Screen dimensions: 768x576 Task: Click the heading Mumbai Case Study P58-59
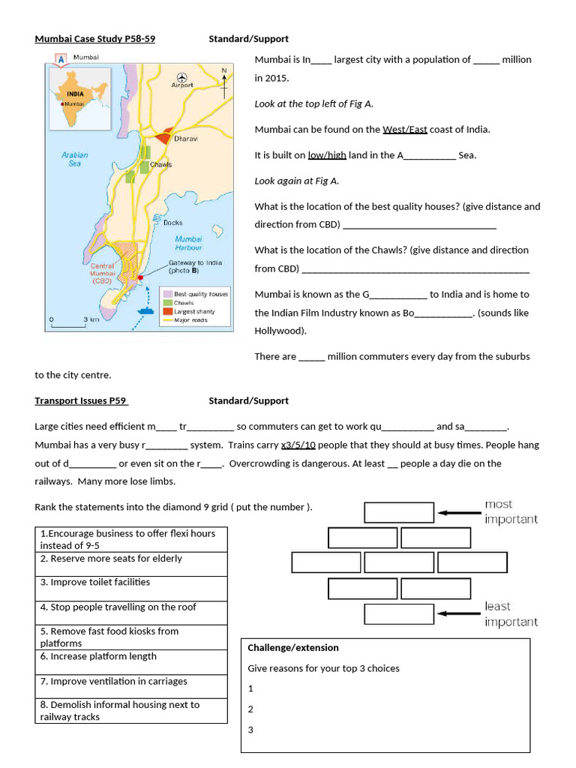pyautogui.click(x=94, y=39)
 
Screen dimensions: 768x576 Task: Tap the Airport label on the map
pyautogui.click(x=182, y=85)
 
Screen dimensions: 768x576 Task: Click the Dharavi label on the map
pyautogui.click(x=186, y=139)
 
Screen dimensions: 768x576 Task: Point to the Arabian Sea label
pyautogui.click(x=74, y=159)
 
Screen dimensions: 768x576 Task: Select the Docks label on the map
pyautogui.click(x=172, y=223)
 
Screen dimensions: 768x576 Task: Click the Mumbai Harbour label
pyautogui.click(x=188, y=243)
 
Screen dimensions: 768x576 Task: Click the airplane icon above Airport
pyautogui.click(x=181, y=76)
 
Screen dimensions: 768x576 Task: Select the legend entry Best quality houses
pyautogui.click(x=200, y=295)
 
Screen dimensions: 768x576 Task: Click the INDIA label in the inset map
pyautogui.click(x=75, y=94)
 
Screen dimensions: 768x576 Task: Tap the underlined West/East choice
pyautogui.click(x=404, y=130)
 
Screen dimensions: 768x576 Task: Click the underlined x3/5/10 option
pyautogui.click(x=298, y=445)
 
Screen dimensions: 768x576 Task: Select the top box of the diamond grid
pyautogui.click(x=399, y=512)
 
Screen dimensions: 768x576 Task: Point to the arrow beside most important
pyautogui.click(x=459, y=513)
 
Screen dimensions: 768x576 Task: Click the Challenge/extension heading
pyautogui.click(x=293, y=648)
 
